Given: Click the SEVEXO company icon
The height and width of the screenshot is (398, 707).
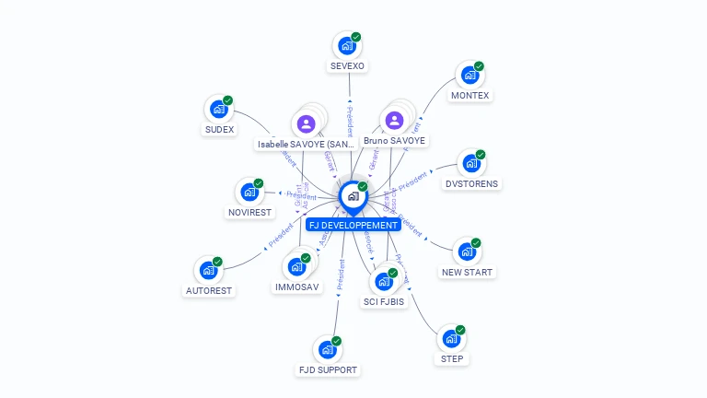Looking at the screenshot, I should [347, 45].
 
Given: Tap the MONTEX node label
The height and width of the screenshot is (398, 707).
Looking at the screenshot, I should [470, 96].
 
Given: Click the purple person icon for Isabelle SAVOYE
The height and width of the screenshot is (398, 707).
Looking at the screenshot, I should [307, 123].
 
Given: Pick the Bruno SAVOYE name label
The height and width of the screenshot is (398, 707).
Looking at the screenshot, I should [395, 141].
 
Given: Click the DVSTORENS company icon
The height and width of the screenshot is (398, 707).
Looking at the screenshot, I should [471, 164].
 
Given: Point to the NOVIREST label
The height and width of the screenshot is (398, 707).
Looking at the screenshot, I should [249, 213].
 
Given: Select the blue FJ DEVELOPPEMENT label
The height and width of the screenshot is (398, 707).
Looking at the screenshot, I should [353, 225].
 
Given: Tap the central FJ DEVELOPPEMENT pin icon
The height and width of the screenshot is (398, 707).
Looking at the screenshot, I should [353, 195].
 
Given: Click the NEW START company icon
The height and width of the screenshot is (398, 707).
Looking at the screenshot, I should [467, 252].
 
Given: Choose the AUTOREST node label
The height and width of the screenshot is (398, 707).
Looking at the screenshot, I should [209, 290].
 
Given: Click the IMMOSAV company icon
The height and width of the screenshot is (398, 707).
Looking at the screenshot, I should [297, 266].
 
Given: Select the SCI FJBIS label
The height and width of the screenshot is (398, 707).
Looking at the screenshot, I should [384, 301].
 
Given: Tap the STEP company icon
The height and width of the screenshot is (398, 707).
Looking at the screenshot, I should [452, 338].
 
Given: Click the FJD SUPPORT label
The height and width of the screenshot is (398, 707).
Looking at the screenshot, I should [328, 370].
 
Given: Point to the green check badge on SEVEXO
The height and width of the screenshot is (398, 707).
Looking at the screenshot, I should [356, 37].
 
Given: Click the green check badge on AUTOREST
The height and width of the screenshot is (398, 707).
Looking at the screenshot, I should [217, 262].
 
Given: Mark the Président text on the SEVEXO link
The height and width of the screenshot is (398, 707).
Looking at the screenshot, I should [350, 121].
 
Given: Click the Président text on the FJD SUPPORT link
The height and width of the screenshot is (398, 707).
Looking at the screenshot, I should [341, 275].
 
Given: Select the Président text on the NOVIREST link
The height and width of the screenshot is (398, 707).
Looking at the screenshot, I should [302, 195].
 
